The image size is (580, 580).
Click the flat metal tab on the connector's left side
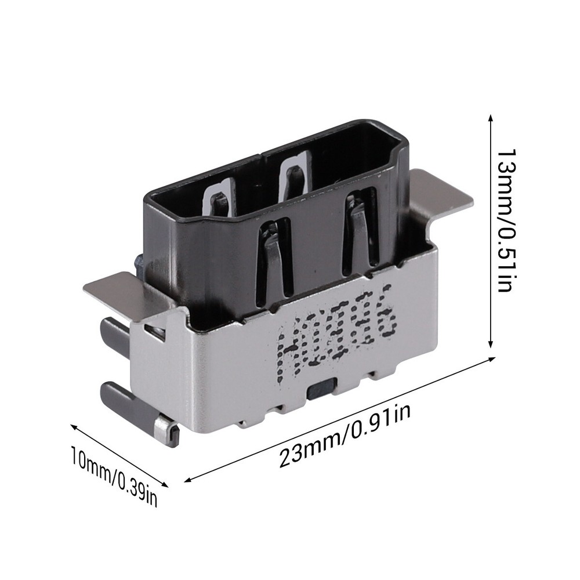pos(116,290)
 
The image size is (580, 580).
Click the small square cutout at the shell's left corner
pos(154,331)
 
